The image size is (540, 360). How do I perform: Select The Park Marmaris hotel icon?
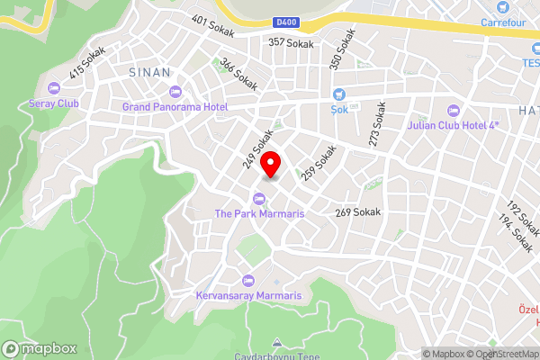pyautogui.click(x=258, y=198)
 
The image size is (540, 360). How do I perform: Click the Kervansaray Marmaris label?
pyautogui.click(x=251, y=294)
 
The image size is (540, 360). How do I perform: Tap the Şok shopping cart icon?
pyautogui.click(x=339, y=94)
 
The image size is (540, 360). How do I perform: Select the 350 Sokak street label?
pyautogui.click(x=342, y=49)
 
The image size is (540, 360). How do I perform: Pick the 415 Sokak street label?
pyautogui.click(x=86, y=62)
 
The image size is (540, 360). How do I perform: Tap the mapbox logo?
pyautogui.click(x=40, y=348)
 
